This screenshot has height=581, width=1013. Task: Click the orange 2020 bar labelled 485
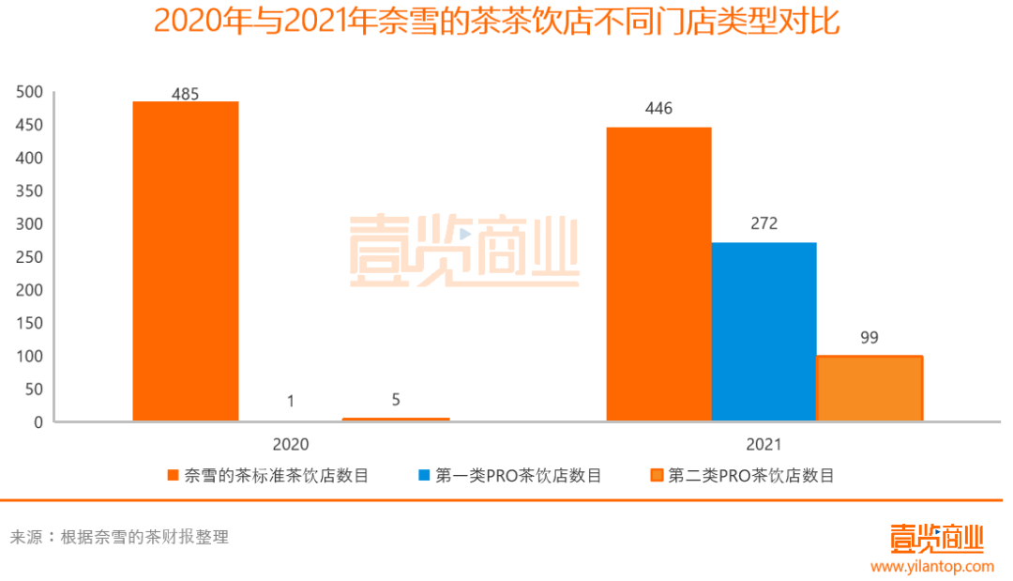click(x=186, y=260)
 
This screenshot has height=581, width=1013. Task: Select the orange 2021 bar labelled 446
click(x=658, y=273)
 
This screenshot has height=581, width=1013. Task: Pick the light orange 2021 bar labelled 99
click(x=869, y=388)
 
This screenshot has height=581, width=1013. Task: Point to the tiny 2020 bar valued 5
click(x=396, y=419)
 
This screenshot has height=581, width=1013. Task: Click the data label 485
click(x=186, y=94)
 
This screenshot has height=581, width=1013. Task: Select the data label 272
click(x=764, y=223)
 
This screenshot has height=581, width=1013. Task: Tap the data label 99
click(x=869, y=338)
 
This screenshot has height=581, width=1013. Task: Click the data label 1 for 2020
click(x=291, y=401)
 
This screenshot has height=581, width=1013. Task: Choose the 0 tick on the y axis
click(x=38, y=422)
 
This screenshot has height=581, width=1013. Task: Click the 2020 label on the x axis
click(x=291, y=445)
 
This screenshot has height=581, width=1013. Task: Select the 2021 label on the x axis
click(x=764, y=445)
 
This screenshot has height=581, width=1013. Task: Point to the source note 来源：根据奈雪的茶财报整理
click(x=119, y=538)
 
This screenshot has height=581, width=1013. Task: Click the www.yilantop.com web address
click(x=931, y=566)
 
